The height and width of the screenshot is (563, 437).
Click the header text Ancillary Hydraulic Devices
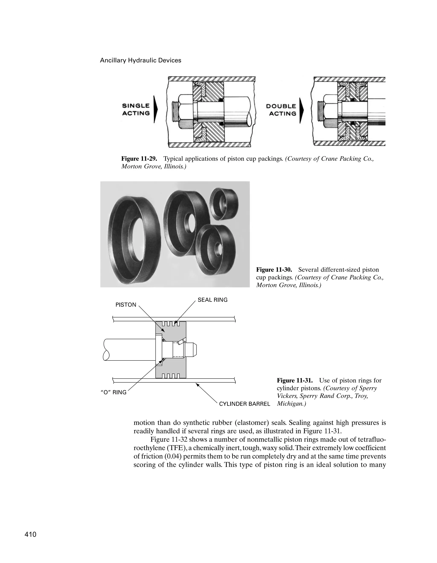pyautogui.click(x=140, y=60)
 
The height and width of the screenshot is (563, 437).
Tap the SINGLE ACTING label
pyautogui.click(x=136, y=110)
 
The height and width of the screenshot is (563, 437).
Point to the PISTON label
pyautogui.click(x=126, y=305)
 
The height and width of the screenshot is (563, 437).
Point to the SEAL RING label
pyautogui.click(x=213, y=300)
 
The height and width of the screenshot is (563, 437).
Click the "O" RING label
pyautogui.click(x=113, y=392)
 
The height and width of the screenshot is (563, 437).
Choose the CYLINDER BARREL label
pyautogui.click(x=244, y=404)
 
